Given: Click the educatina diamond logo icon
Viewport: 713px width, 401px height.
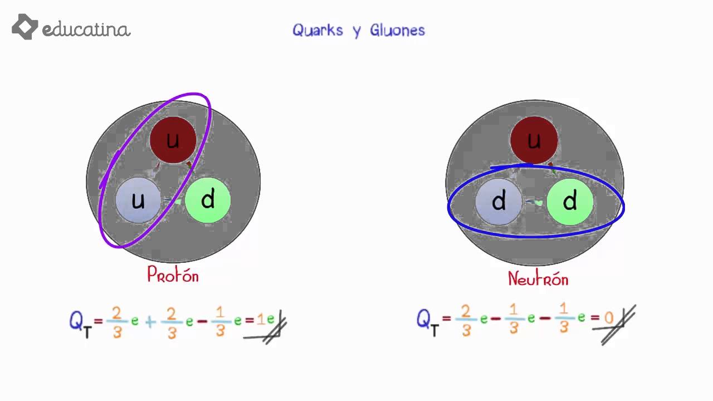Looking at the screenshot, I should tap(25, 27).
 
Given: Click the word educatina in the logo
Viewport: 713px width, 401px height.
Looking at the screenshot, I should tap(86, 30).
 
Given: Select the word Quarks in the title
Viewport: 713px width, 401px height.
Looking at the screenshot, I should tap(318, 30).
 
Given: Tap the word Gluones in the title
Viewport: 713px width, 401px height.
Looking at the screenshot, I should tap(397, 30).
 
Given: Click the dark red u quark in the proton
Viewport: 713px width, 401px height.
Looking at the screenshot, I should tap(173, 140).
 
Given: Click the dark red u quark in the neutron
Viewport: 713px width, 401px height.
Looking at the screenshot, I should tap(534, 140).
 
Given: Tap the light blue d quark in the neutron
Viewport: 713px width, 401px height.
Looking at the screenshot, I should tap(499, 202).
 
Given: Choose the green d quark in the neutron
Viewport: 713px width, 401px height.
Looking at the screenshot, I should tap(569, 202).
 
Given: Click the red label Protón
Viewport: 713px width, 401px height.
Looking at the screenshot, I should tap(173, 275).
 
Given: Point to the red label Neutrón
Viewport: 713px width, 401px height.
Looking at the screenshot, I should tap(538, 278).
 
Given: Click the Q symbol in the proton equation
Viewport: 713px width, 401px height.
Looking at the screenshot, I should tap(77, 321).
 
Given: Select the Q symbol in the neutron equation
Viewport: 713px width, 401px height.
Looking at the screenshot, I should tap(424, 319).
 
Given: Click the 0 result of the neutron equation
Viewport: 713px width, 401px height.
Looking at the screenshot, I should tap(609, 319).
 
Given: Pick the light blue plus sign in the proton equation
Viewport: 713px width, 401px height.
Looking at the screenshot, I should tap(150, 321).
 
